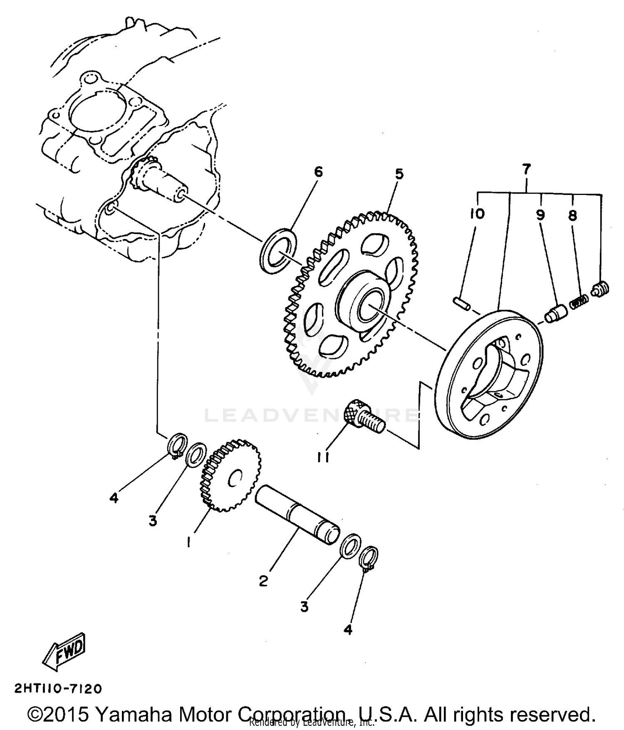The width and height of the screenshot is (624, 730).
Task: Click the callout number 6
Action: pyautogui.click(x=318, y=172)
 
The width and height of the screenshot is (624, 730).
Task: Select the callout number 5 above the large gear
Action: pyautogui.click(x=399, y=174)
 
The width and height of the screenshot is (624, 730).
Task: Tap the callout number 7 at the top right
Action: pyautogui.click(x=526, y=169)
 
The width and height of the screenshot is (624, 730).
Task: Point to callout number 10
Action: pyautogui.click(x=477, y=214)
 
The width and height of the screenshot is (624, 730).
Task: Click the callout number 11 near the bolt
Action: pyautogui.click(x=323, y=457)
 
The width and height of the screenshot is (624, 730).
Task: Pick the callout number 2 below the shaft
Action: pyautogui.click(x=263, y=581)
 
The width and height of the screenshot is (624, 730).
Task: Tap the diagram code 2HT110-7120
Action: pyautogui.click(x=58, y=689)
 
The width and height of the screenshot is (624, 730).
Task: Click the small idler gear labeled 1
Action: pyautogui.click(x=231, y=476)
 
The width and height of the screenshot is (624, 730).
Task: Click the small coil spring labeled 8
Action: pyautogui.click(x=579, y=301)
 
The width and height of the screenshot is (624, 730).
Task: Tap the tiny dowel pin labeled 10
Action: pyautogui.click(x=461, y=303)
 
